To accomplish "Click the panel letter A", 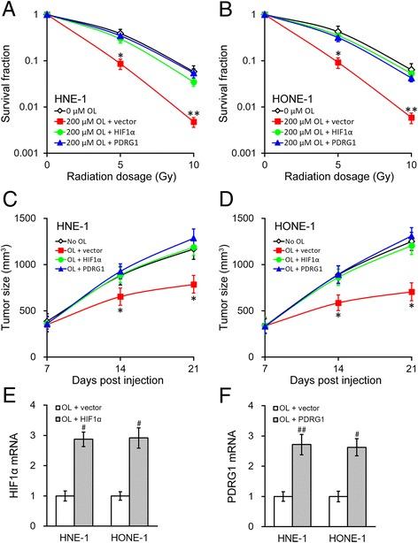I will coord(8,8).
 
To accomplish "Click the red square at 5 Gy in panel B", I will coord(337,64).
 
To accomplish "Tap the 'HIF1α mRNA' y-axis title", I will coord(10,469).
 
